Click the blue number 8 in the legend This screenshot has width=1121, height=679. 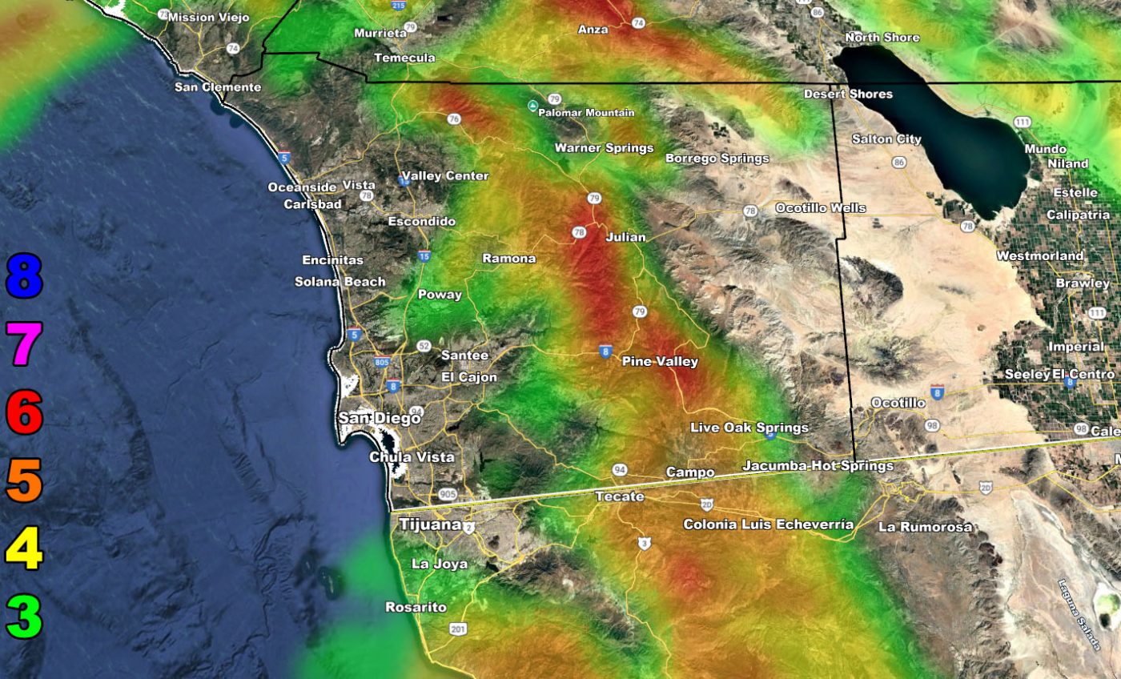coord(23,276)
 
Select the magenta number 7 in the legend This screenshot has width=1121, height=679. coord(23,344)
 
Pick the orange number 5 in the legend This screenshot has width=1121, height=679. coord(23,480)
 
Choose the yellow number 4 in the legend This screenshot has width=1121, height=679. coord(23,549)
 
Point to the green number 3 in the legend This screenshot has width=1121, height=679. coord(23,617)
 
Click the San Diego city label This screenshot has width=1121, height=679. coord(379,418)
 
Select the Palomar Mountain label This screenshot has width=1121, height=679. coord(586,113)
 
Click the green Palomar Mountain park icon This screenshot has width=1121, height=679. coord(532,106)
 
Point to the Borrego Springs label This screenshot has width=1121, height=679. coord(717,159)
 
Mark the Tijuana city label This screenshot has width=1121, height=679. coord(430,524)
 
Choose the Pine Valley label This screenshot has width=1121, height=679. coord(660,362)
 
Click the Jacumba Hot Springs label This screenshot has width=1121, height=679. coord(818,465)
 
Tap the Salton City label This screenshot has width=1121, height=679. coord(886,139)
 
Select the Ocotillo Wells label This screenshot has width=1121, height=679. coord(820,208)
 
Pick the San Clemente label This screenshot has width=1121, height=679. coord(218,86)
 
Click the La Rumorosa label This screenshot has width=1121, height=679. coord(925,527)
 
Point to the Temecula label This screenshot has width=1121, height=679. coord(404,58)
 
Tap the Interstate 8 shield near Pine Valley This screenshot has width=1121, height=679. coord(606,351)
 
